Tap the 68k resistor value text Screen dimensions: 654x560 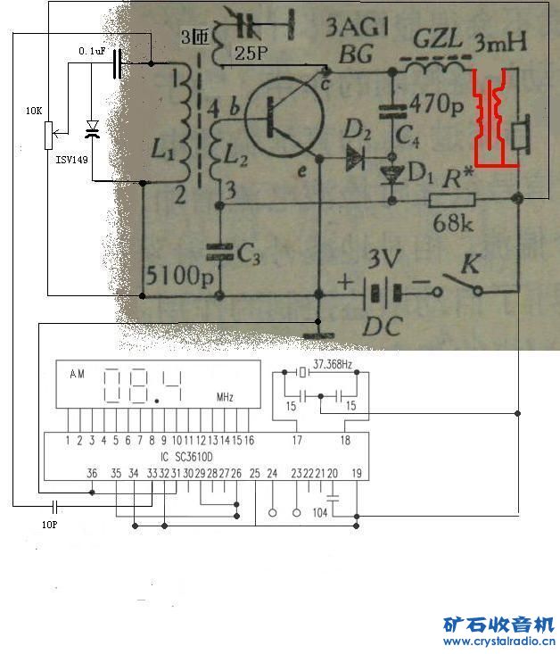coord(453,223)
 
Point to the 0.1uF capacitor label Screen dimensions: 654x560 coord(92,53)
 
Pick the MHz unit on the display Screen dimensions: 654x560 coord(224,397)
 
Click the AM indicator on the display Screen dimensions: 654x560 coord(78,375)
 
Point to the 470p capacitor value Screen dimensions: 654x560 coord(438,104)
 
